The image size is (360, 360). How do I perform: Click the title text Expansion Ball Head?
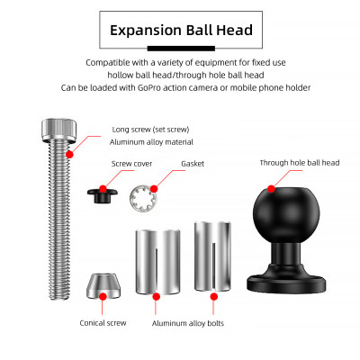click(181, 31)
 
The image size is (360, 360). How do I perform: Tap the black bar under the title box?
click(181, 49)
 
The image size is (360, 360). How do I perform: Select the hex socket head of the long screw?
click(58, 130)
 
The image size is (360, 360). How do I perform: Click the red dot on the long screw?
click(69, 155)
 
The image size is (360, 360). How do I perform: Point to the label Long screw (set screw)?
click(150, 130)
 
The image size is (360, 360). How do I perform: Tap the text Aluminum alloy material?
click(151, 142)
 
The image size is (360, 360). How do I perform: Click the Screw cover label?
click(131, 164)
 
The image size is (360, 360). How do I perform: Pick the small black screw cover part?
click(102, 195)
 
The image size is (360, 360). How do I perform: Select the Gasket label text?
click(193, 164)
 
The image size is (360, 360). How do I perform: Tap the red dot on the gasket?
click(154, 189)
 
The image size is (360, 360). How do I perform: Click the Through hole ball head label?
click(300, 163)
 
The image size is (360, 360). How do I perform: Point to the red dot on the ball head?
click(271, 189)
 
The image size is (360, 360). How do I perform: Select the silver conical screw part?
click(103, 286)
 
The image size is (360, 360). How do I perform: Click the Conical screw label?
click(103, 323)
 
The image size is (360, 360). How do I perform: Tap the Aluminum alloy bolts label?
click(188, 323)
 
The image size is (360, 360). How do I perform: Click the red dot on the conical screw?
click(103, 296)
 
